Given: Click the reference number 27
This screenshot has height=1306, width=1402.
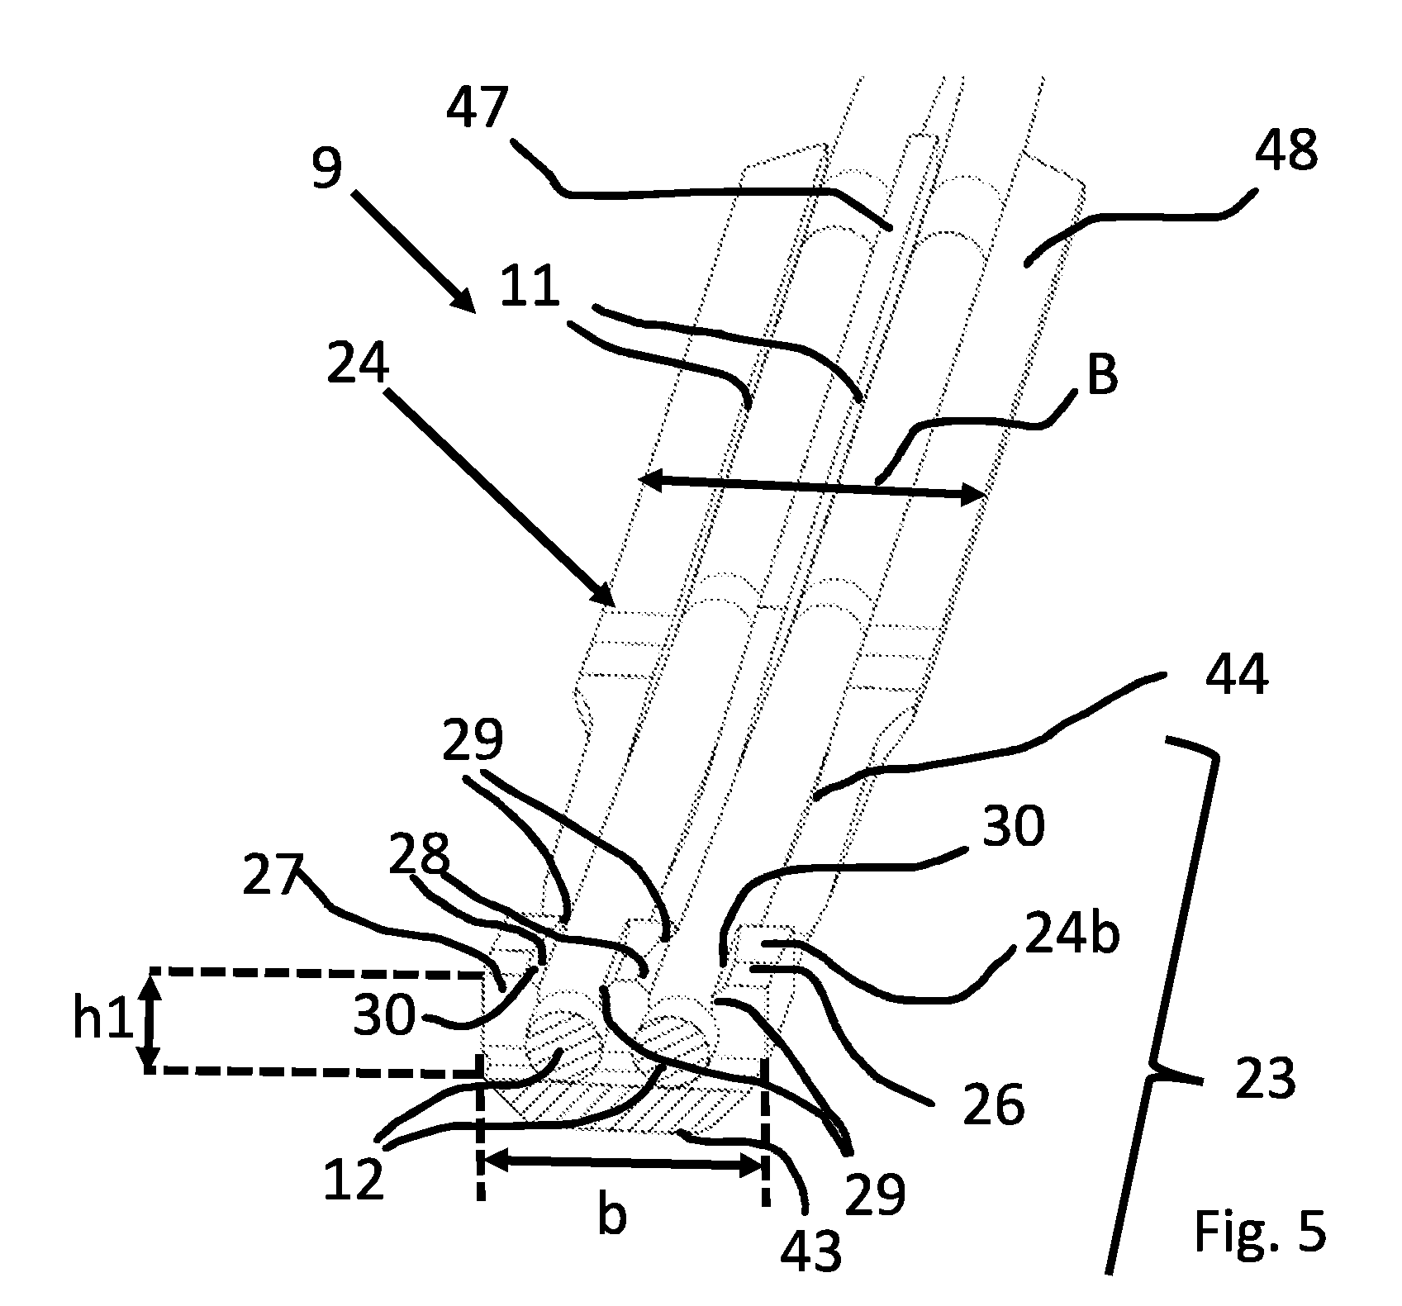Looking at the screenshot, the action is click(x=273, y=876).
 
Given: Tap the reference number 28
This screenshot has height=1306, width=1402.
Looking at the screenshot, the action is click(x=421, y=856).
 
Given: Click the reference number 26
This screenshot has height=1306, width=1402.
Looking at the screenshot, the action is click(x=994, y=1104).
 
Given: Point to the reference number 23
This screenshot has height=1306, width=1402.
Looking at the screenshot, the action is click(x=1266, y=1079).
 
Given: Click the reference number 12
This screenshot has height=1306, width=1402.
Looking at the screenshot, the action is click(x=354, y=1178).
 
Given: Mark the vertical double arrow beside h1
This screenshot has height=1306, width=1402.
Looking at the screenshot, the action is click(x=150, y=1023).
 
